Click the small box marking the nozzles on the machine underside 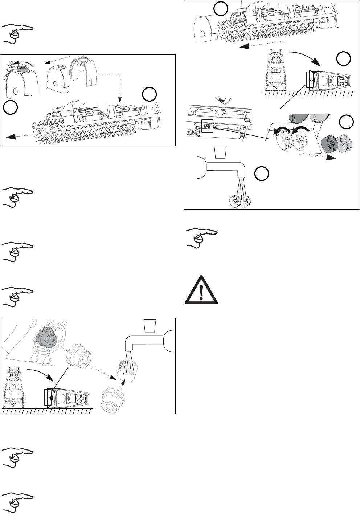click(x=206, y=126)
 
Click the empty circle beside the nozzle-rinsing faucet click(x=261, y=174)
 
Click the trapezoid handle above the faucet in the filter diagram click(x=150, y=325)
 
